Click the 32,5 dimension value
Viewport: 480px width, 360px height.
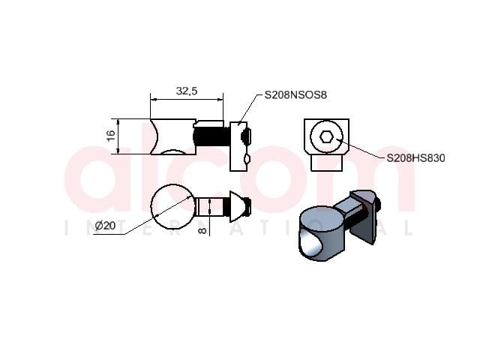pyautogui.click(x=187, y=91)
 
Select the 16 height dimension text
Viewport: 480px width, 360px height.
pyautogui.click(x=112, y=135)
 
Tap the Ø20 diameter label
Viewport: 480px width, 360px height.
pyautogui.click(x=105, y=226)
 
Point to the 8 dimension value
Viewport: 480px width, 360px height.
pyautogui.click(x=202, y=229)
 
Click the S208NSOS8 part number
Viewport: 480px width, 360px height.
pyautogui.click(x=295, y=95)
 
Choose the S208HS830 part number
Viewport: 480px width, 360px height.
pyautogui.click(x=415, y=158)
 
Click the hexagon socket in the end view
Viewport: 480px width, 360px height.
pyautogui.click(x=326, y=136)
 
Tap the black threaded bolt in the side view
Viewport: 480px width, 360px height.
pyautogui.click(x=211, y=136)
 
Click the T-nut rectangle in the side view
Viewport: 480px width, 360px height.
pyautogui.click(x=238, y=146)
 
